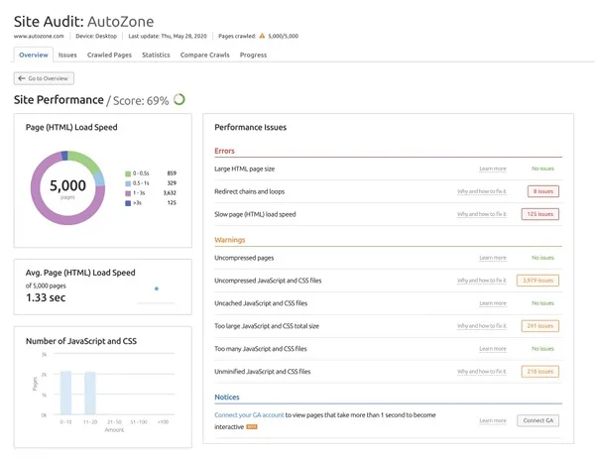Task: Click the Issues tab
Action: tap(67, 56)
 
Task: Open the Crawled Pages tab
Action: tap(109, 56)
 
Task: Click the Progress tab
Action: tap(253, 56)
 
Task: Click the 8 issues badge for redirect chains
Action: tap(544, 191)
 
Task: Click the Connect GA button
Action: tap(538, 420)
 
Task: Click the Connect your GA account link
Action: tap(249, 415)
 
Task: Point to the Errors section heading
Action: tap(225, 151)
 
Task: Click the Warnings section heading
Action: tap(230, 240)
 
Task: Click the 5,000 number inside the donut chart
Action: tap(67, 185)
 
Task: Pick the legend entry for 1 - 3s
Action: tap(139, 193)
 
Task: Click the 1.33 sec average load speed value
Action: tap(47, 297)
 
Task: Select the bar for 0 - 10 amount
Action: tap(65, 393)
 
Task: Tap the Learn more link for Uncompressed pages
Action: tap(492, 258)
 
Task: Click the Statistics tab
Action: tap(156, 56)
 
